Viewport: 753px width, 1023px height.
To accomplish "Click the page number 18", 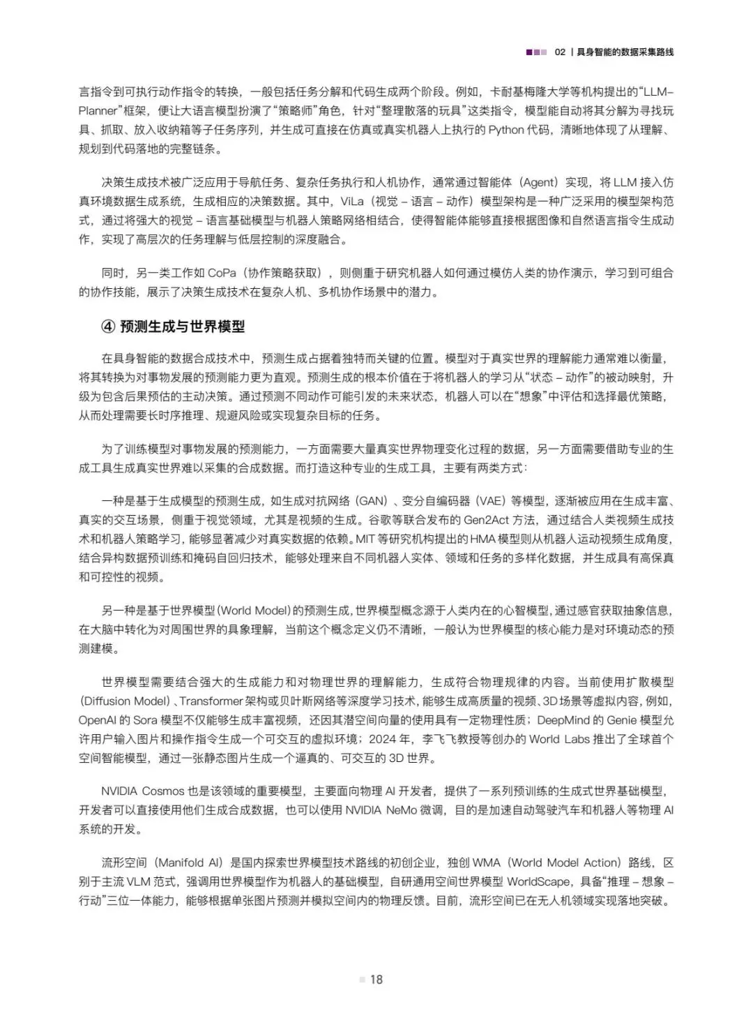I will (x=376, y=980).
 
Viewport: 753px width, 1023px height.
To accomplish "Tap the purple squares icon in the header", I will (x=536, y=52).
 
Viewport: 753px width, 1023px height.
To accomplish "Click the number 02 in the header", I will (x=560, y=52).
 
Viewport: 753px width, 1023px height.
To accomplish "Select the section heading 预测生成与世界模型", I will (x=182, y=327).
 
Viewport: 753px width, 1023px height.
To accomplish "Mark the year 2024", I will (x=383, y=739).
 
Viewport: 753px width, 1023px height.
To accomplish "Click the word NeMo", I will (x=408, y=810).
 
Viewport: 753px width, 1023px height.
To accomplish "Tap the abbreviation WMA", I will (x=487, y=863).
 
